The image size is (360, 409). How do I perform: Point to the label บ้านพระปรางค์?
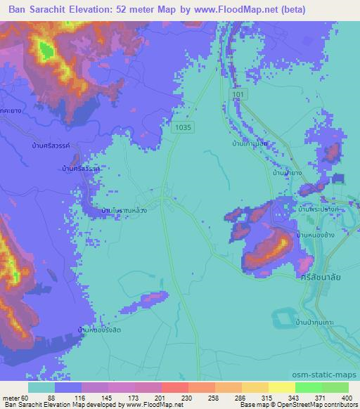click(319, 209)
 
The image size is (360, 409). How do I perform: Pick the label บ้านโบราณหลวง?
click(124, 210)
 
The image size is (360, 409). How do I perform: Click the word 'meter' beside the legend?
click(10, 397)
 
